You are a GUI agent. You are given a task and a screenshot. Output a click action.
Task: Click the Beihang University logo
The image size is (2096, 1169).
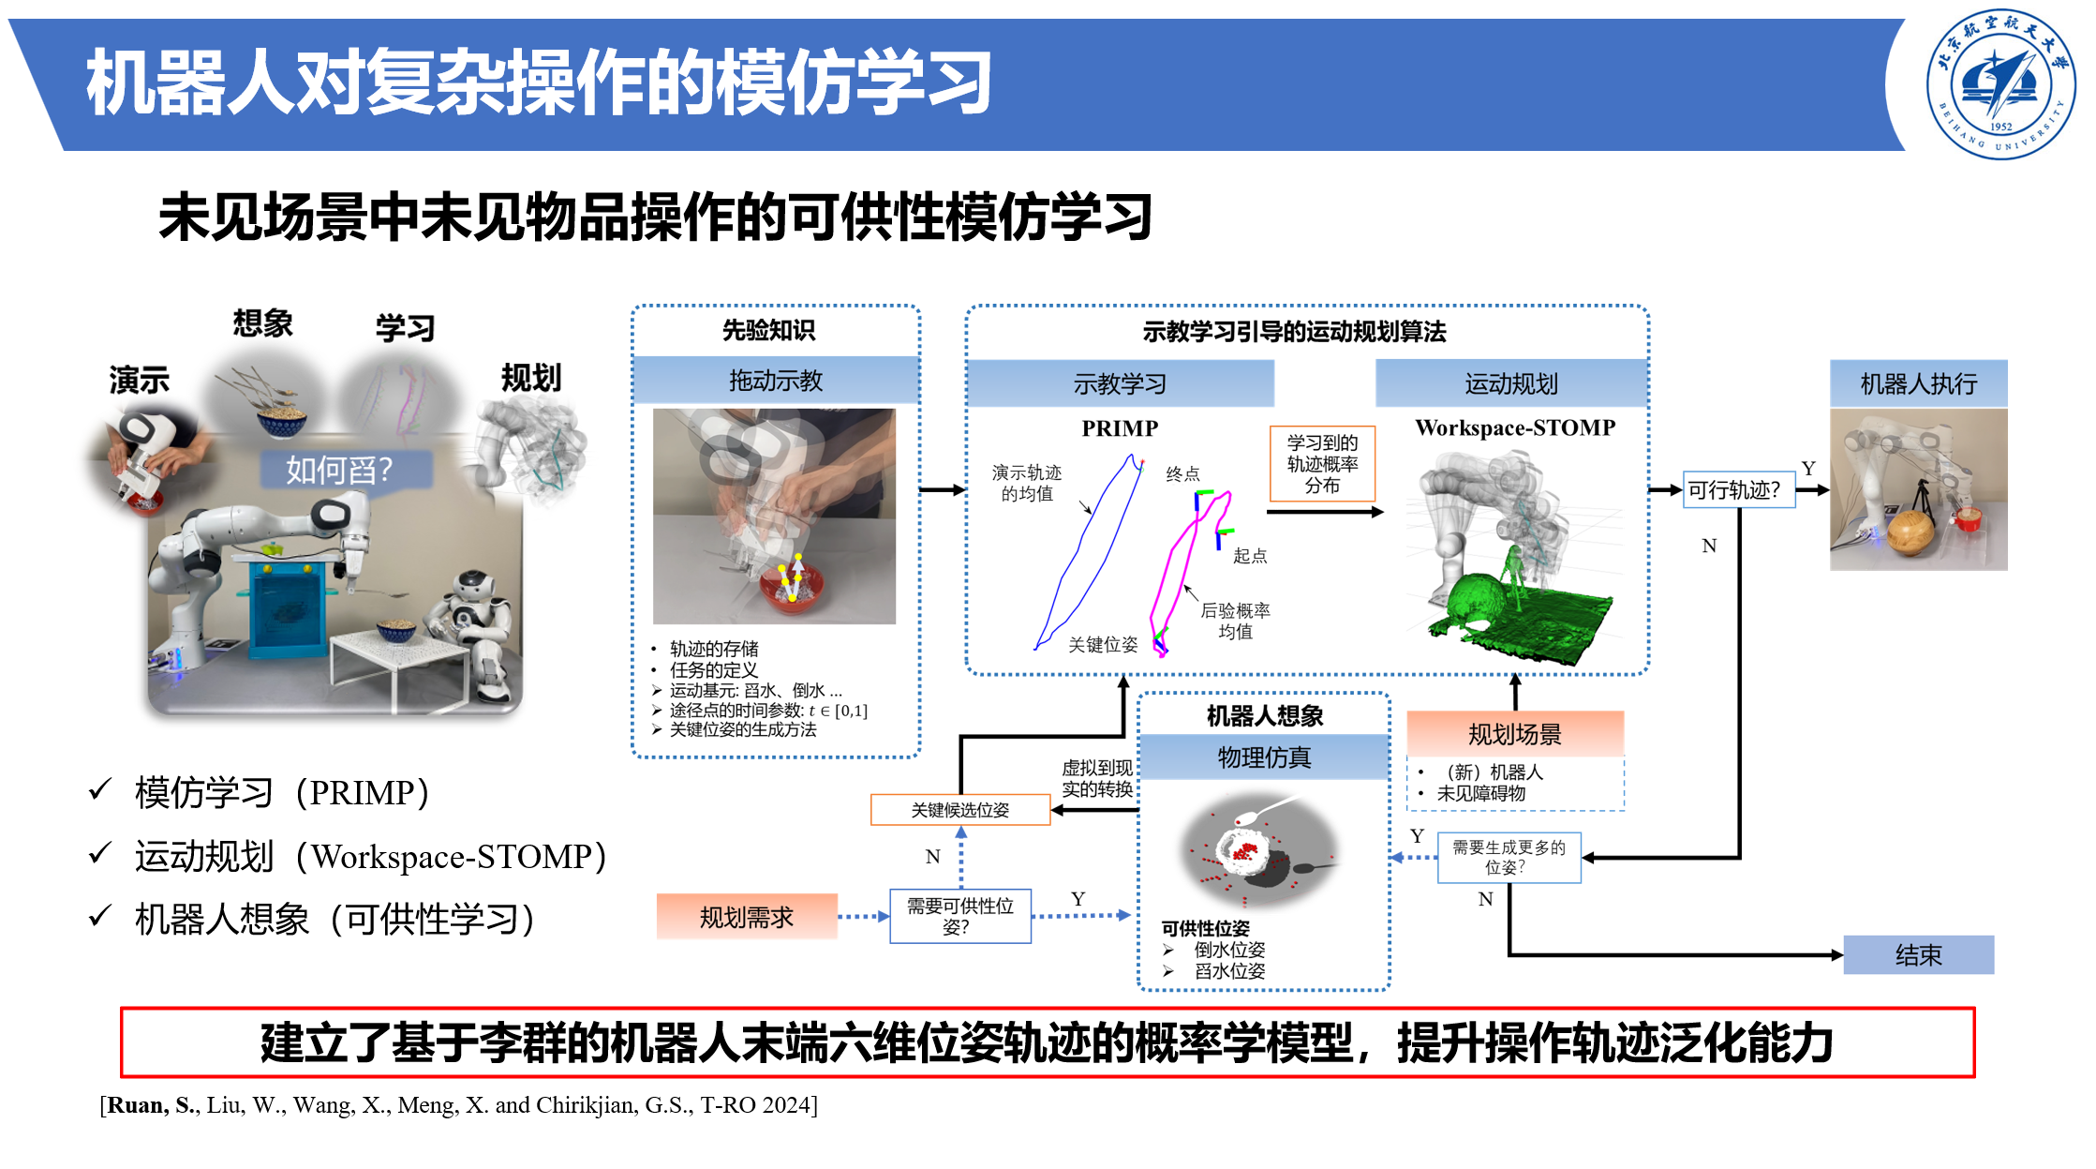[x=2000, y=84]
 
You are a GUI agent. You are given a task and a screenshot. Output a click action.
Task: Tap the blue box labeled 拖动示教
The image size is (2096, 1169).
[x=776, y=381]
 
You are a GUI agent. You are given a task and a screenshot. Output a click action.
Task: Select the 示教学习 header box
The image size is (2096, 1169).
[x=1120, y=383]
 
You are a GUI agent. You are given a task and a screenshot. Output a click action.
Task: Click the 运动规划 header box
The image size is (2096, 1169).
[x=1511, y=383]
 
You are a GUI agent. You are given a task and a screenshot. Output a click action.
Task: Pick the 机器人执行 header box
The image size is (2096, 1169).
[x=1919, y=383]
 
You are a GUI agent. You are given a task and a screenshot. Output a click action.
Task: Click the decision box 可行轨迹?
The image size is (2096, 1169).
[x=1739, y=489]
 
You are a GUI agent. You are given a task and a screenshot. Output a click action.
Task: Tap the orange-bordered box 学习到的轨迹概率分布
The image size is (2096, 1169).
[x=1322, y=464]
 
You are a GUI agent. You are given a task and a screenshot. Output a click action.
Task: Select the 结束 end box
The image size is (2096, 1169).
[x=1918, y=955]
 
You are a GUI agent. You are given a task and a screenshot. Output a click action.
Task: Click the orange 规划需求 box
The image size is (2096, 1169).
[x=747, y=917]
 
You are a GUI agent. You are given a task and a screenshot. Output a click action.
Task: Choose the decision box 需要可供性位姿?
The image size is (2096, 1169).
[x=960, y=916]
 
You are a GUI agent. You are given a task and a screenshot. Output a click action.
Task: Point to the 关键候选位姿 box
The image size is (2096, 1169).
[x=960, y=810]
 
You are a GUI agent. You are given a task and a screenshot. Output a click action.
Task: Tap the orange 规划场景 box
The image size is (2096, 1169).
[x=1515, y=734]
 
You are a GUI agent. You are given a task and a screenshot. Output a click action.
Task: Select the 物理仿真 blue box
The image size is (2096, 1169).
[x=1264, y=757]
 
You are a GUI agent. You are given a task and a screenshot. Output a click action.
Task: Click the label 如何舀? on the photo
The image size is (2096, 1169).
[x=339, y=470]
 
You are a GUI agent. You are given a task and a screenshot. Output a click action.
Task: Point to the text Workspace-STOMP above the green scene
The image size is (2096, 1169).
[x=1515, y=427]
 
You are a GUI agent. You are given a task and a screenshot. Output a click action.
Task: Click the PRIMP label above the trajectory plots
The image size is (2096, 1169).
[x=1120, y=428]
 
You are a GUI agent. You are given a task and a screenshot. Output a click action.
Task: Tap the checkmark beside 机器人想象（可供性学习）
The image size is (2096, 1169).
[x=100, y=915]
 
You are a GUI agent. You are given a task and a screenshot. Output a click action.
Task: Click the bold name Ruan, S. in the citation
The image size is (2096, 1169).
[x=152, y=1105]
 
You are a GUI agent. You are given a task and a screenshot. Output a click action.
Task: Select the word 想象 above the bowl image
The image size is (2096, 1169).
[x=262, y=323]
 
